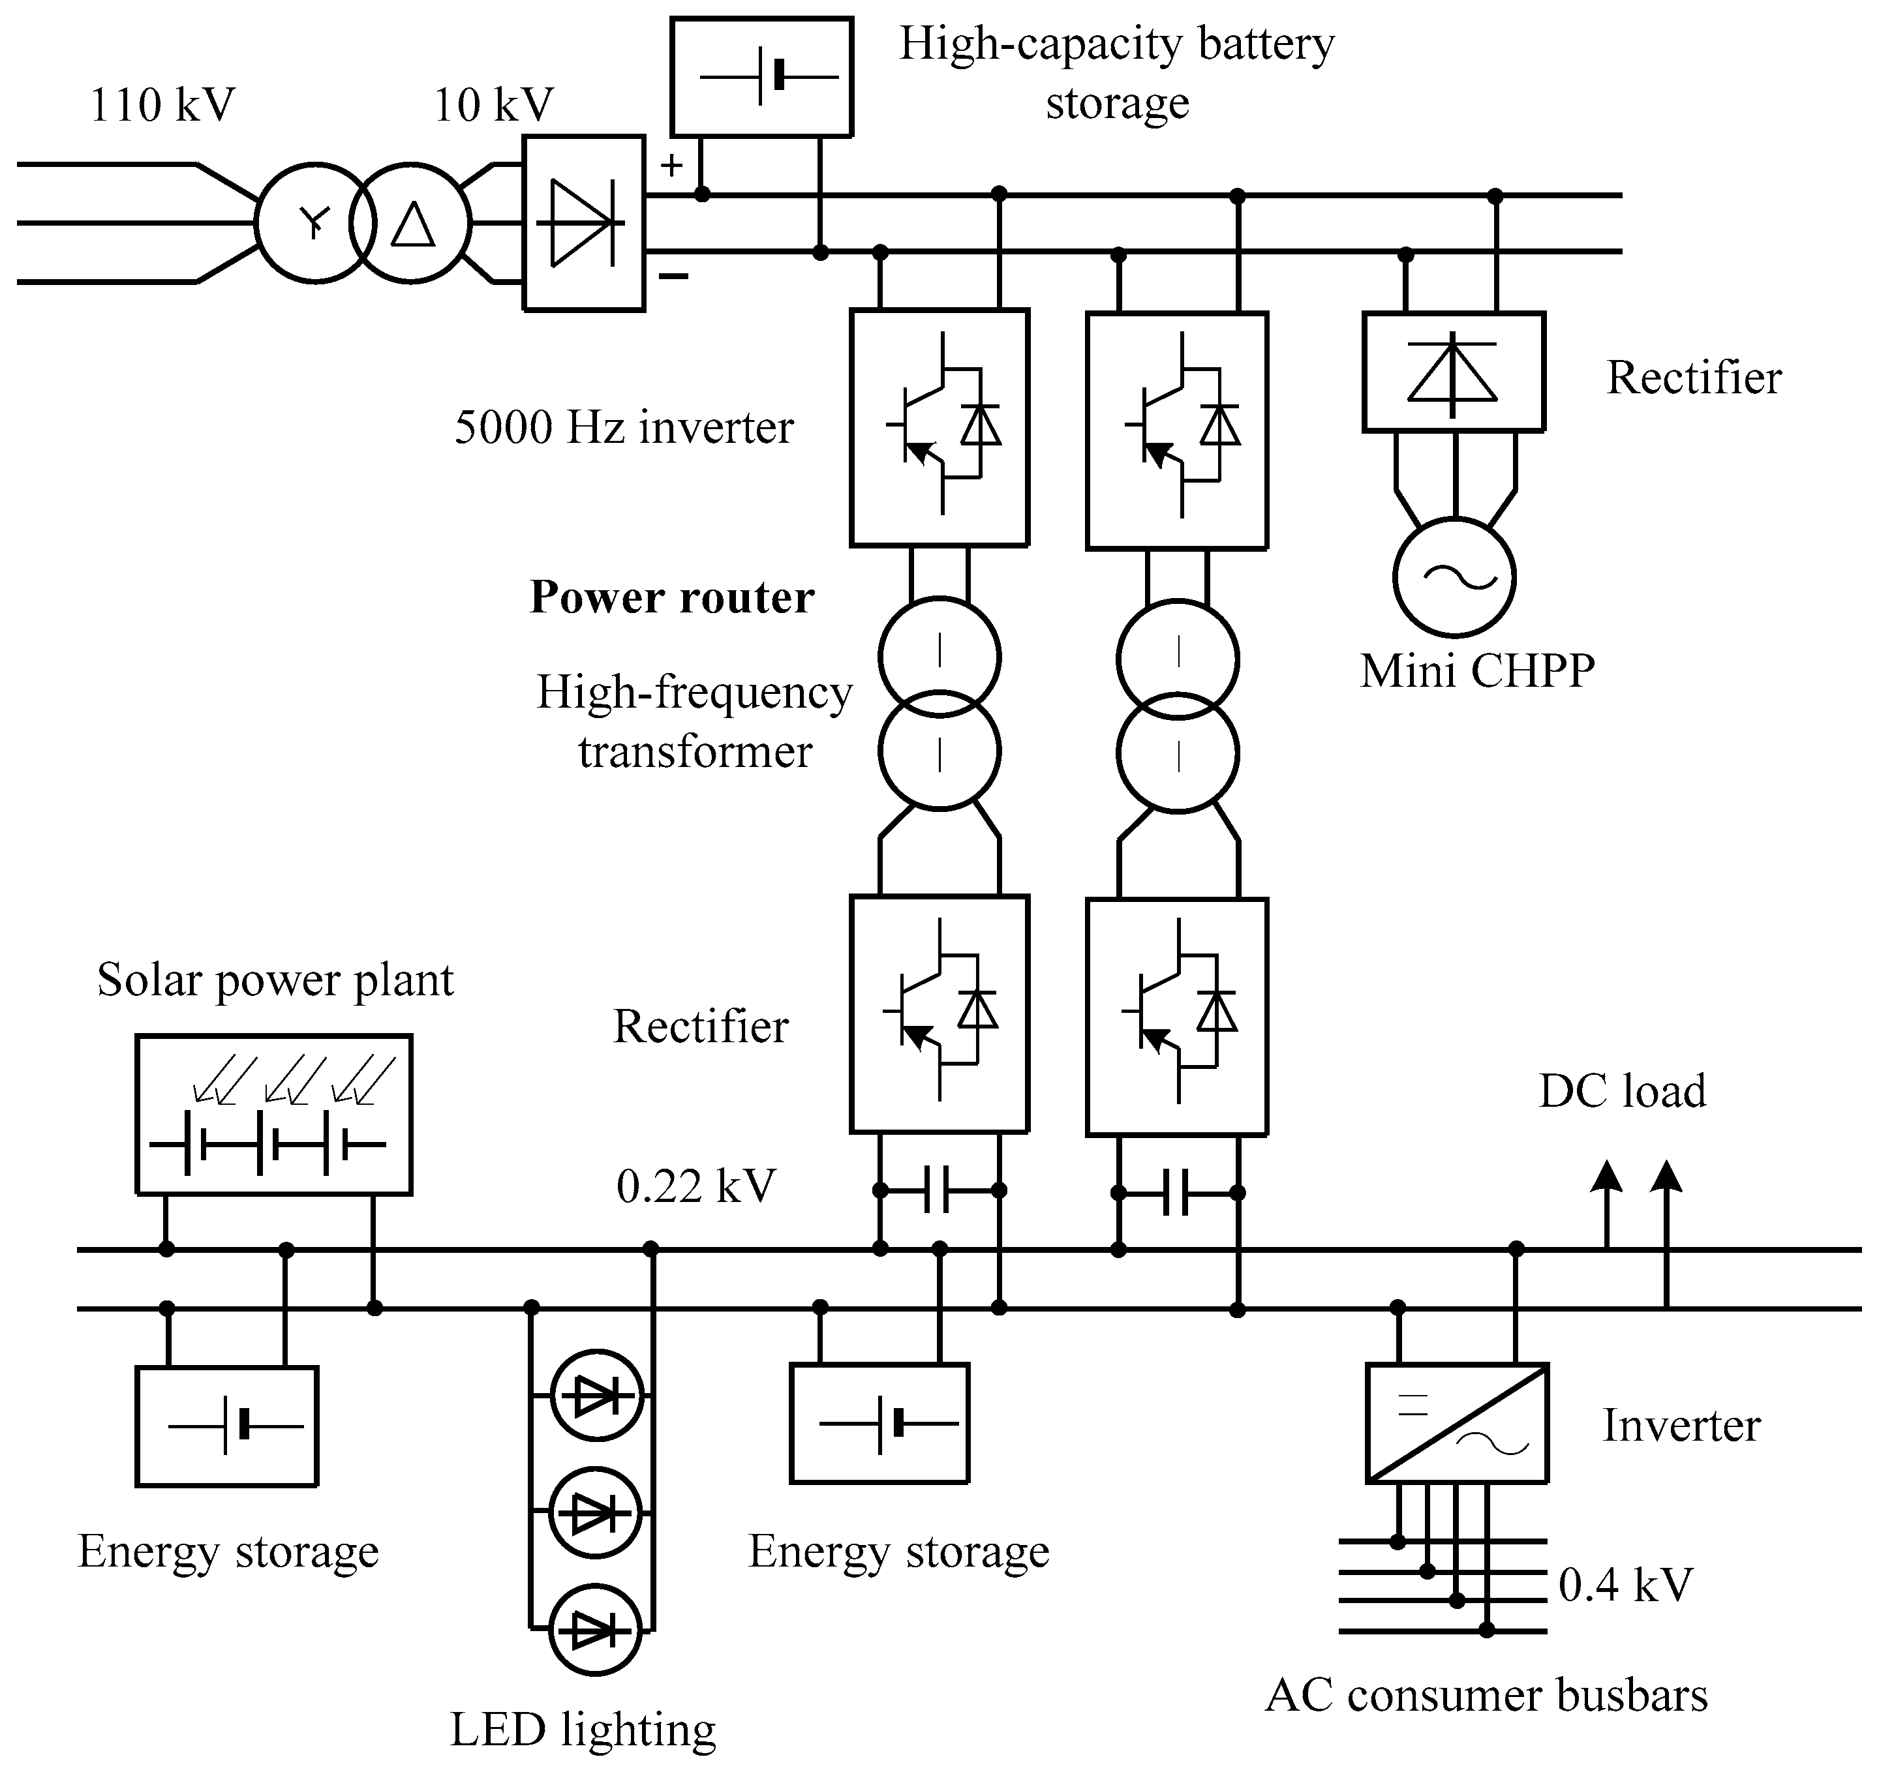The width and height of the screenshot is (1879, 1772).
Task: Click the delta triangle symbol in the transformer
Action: click(413, 225)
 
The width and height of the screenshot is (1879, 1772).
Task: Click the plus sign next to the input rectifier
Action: click(671, 166)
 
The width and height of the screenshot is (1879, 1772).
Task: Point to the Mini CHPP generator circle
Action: click(1454, 577)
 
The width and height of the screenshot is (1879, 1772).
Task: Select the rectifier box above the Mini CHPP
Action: click(1453, 372)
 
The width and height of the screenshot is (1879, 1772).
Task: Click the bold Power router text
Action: click(671, 597)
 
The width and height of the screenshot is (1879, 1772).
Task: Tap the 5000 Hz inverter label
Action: click(624, 427)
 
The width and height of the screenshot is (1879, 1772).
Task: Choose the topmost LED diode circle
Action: click(596, 1396)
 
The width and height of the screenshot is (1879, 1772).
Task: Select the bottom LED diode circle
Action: click(596, 1630)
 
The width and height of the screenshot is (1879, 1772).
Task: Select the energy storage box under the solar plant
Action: click(227, 1426)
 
